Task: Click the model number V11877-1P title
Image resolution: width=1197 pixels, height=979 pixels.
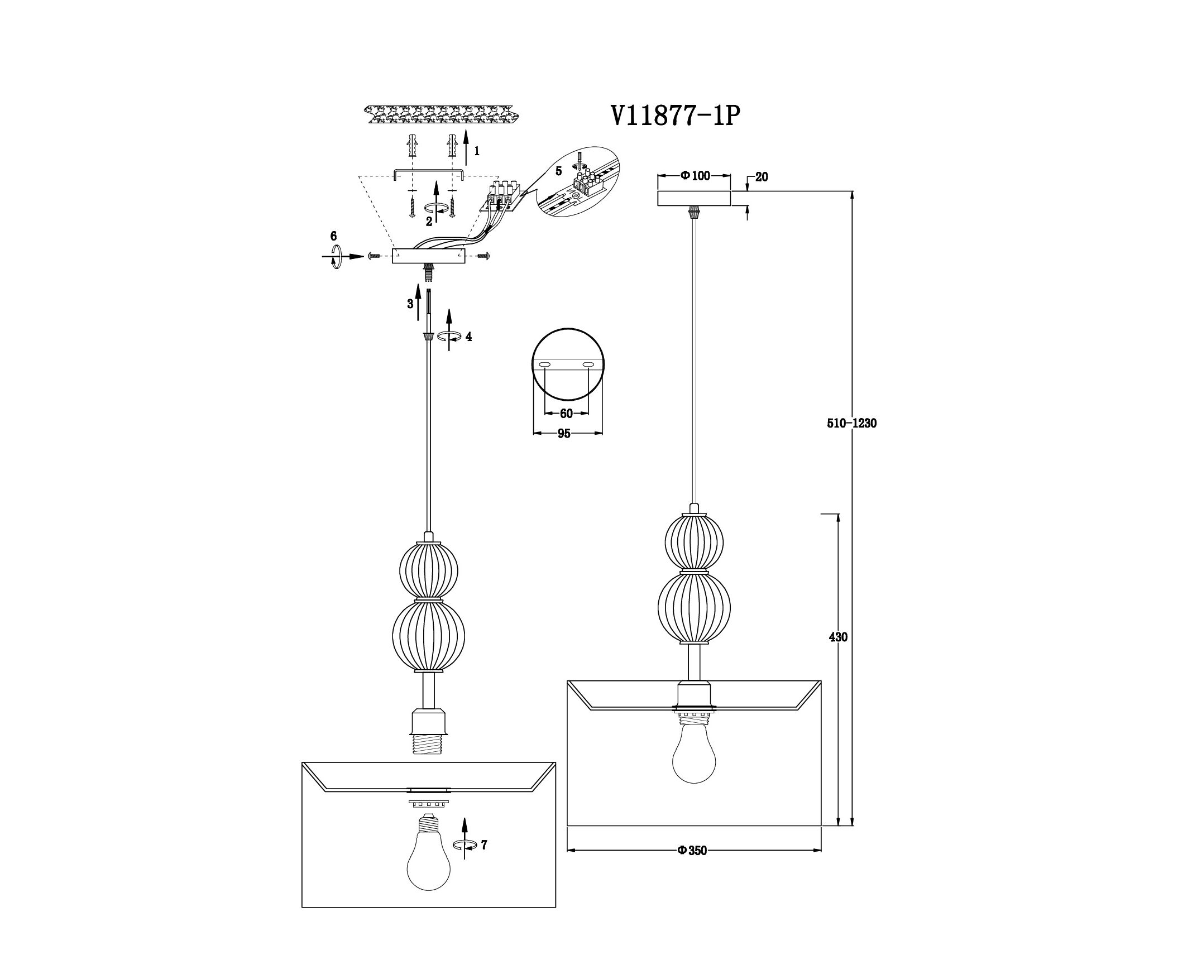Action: (x=674, y=116)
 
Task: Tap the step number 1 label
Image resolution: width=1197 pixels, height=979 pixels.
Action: (x=477, y=151)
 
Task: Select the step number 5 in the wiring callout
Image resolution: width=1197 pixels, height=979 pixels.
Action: (x=558, y=170)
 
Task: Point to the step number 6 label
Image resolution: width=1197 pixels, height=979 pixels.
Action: (x=333, y=236)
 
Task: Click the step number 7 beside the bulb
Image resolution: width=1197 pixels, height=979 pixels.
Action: (x=484, y=844)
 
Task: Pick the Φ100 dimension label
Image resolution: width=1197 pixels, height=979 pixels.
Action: (x=695, y=176)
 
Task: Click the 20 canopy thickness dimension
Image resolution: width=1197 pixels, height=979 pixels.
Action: (x=762, y=177)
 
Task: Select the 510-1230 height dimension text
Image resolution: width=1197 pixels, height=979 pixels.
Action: (x=852, y=424)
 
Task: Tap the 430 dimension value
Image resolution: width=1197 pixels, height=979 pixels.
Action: (x=838, y=637)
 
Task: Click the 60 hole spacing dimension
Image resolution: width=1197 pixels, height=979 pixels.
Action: (x=566, y=414)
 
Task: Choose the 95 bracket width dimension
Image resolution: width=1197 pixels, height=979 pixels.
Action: (x=564, y=433)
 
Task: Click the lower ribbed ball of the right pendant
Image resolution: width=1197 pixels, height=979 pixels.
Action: (x=694, y=608)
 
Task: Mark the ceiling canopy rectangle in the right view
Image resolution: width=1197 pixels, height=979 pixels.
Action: (x=694, y=199)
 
